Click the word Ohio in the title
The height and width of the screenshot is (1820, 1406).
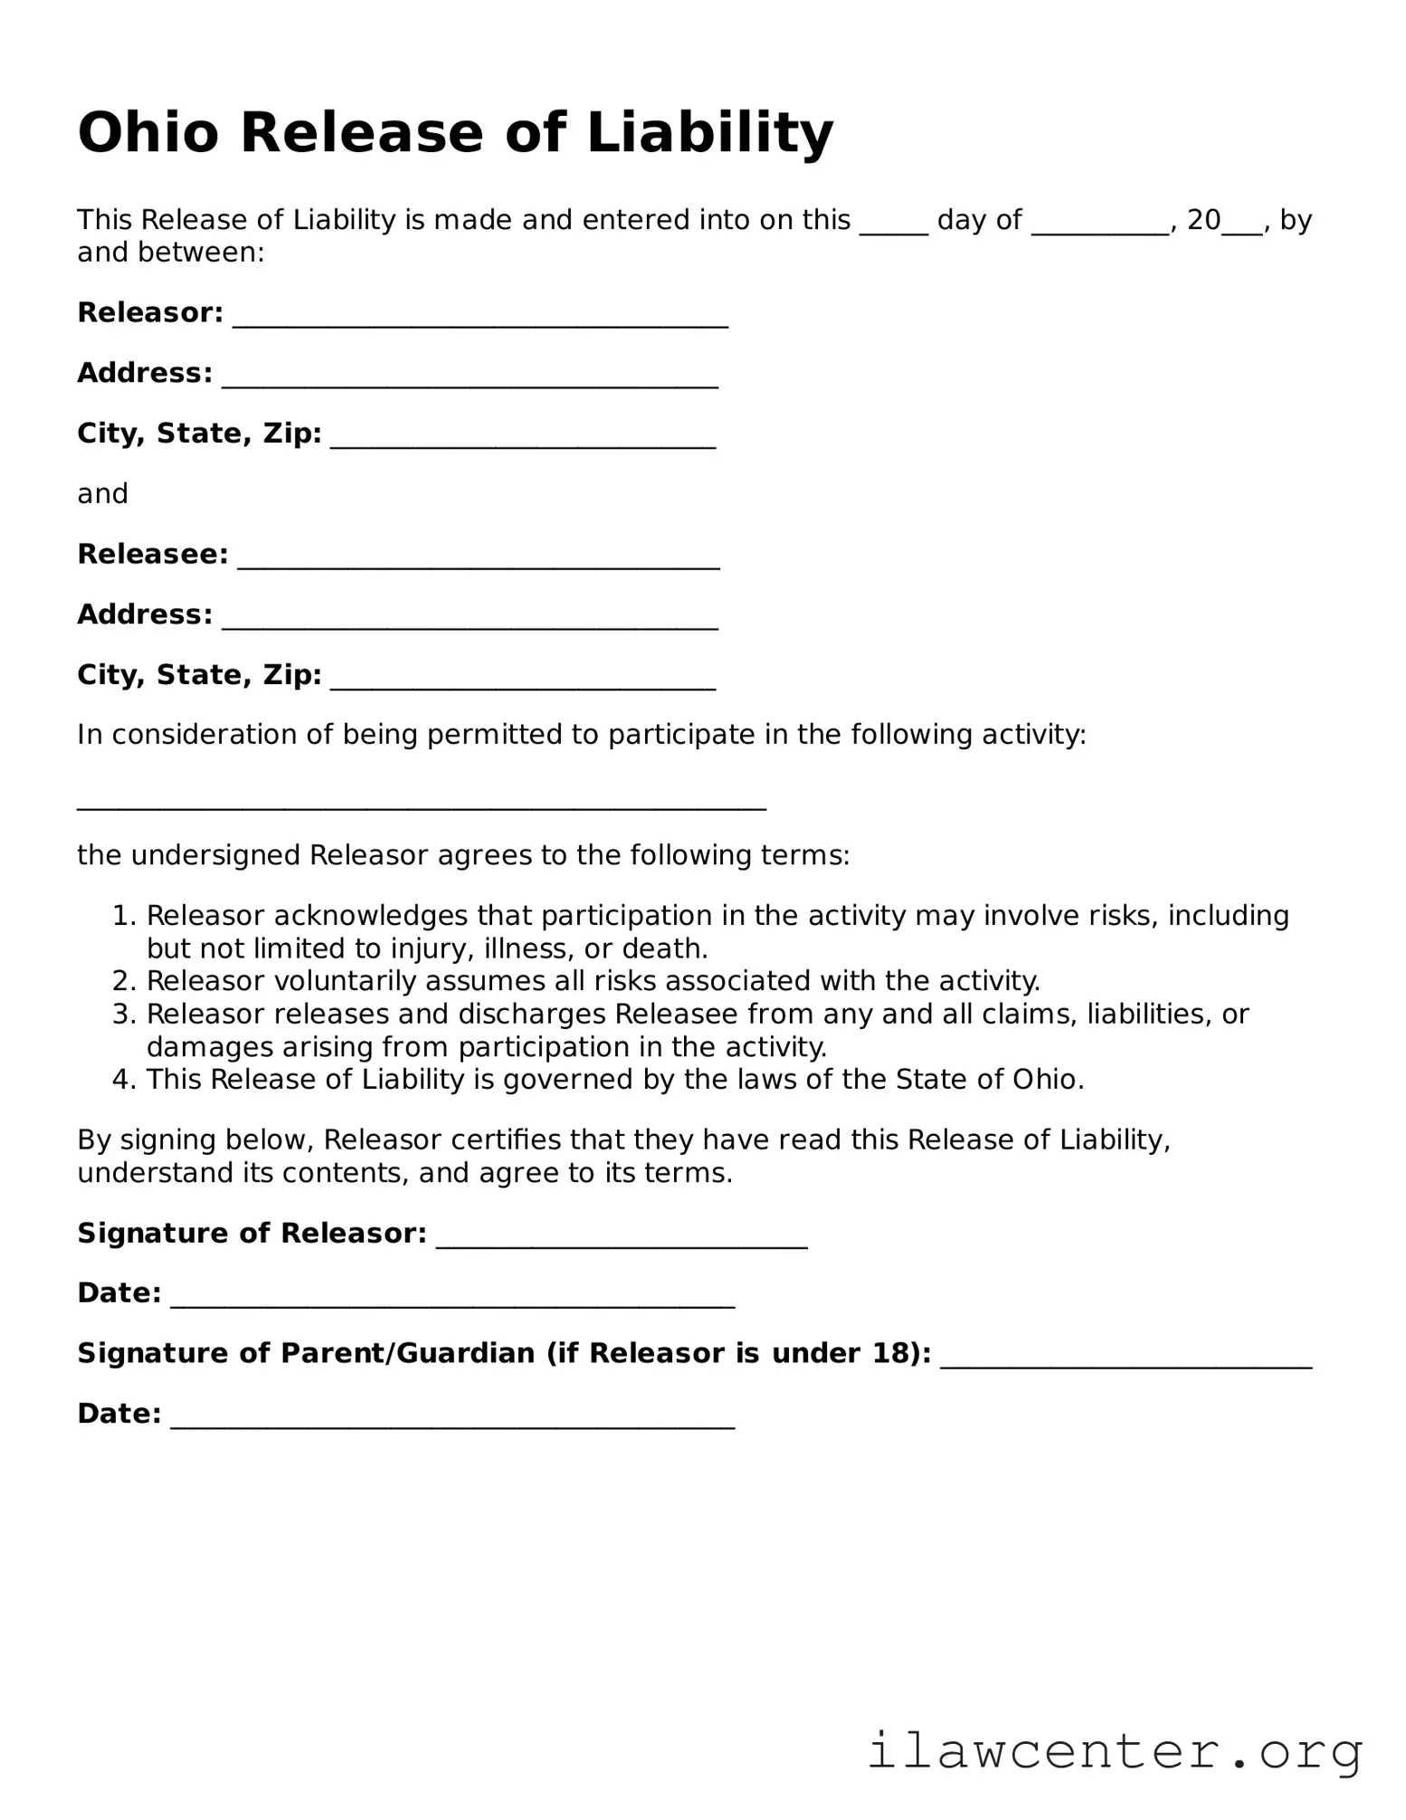(147, 133)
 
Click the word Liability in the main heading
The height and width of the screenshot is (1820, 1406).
(709, 133)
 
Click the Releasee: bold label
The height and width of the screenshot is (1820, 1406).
(152, 554)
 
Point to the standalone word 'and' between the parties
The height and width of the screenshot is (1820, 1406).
(102, 494)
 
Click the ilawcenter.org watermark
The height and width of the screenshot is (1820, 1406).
(1115, 1752)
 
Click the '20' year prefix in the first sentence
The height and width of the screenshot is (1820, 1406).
(1203, 220)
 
